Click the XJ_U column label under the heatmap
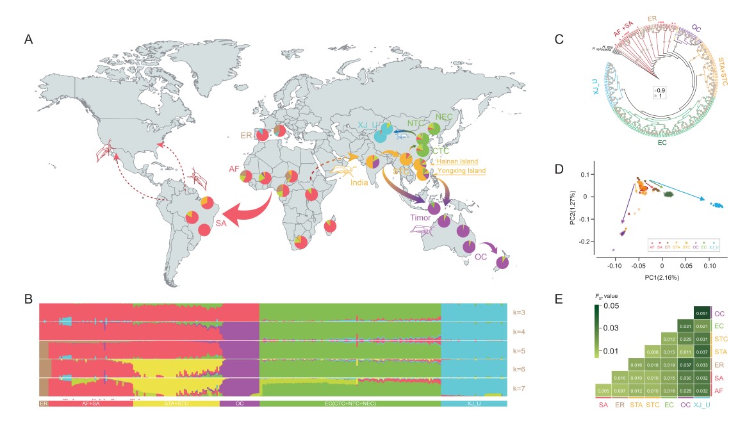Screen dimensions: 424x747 click(702, 405)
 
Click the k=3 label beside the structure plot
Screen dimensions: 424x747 click(520, 313)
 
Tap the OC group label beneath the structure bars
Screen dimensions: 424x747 click(239, 404)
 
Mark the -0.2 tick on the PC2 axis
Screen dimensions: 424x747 click(589, 241)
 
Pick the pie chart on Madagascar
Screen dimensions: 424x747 click(330, 226)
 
